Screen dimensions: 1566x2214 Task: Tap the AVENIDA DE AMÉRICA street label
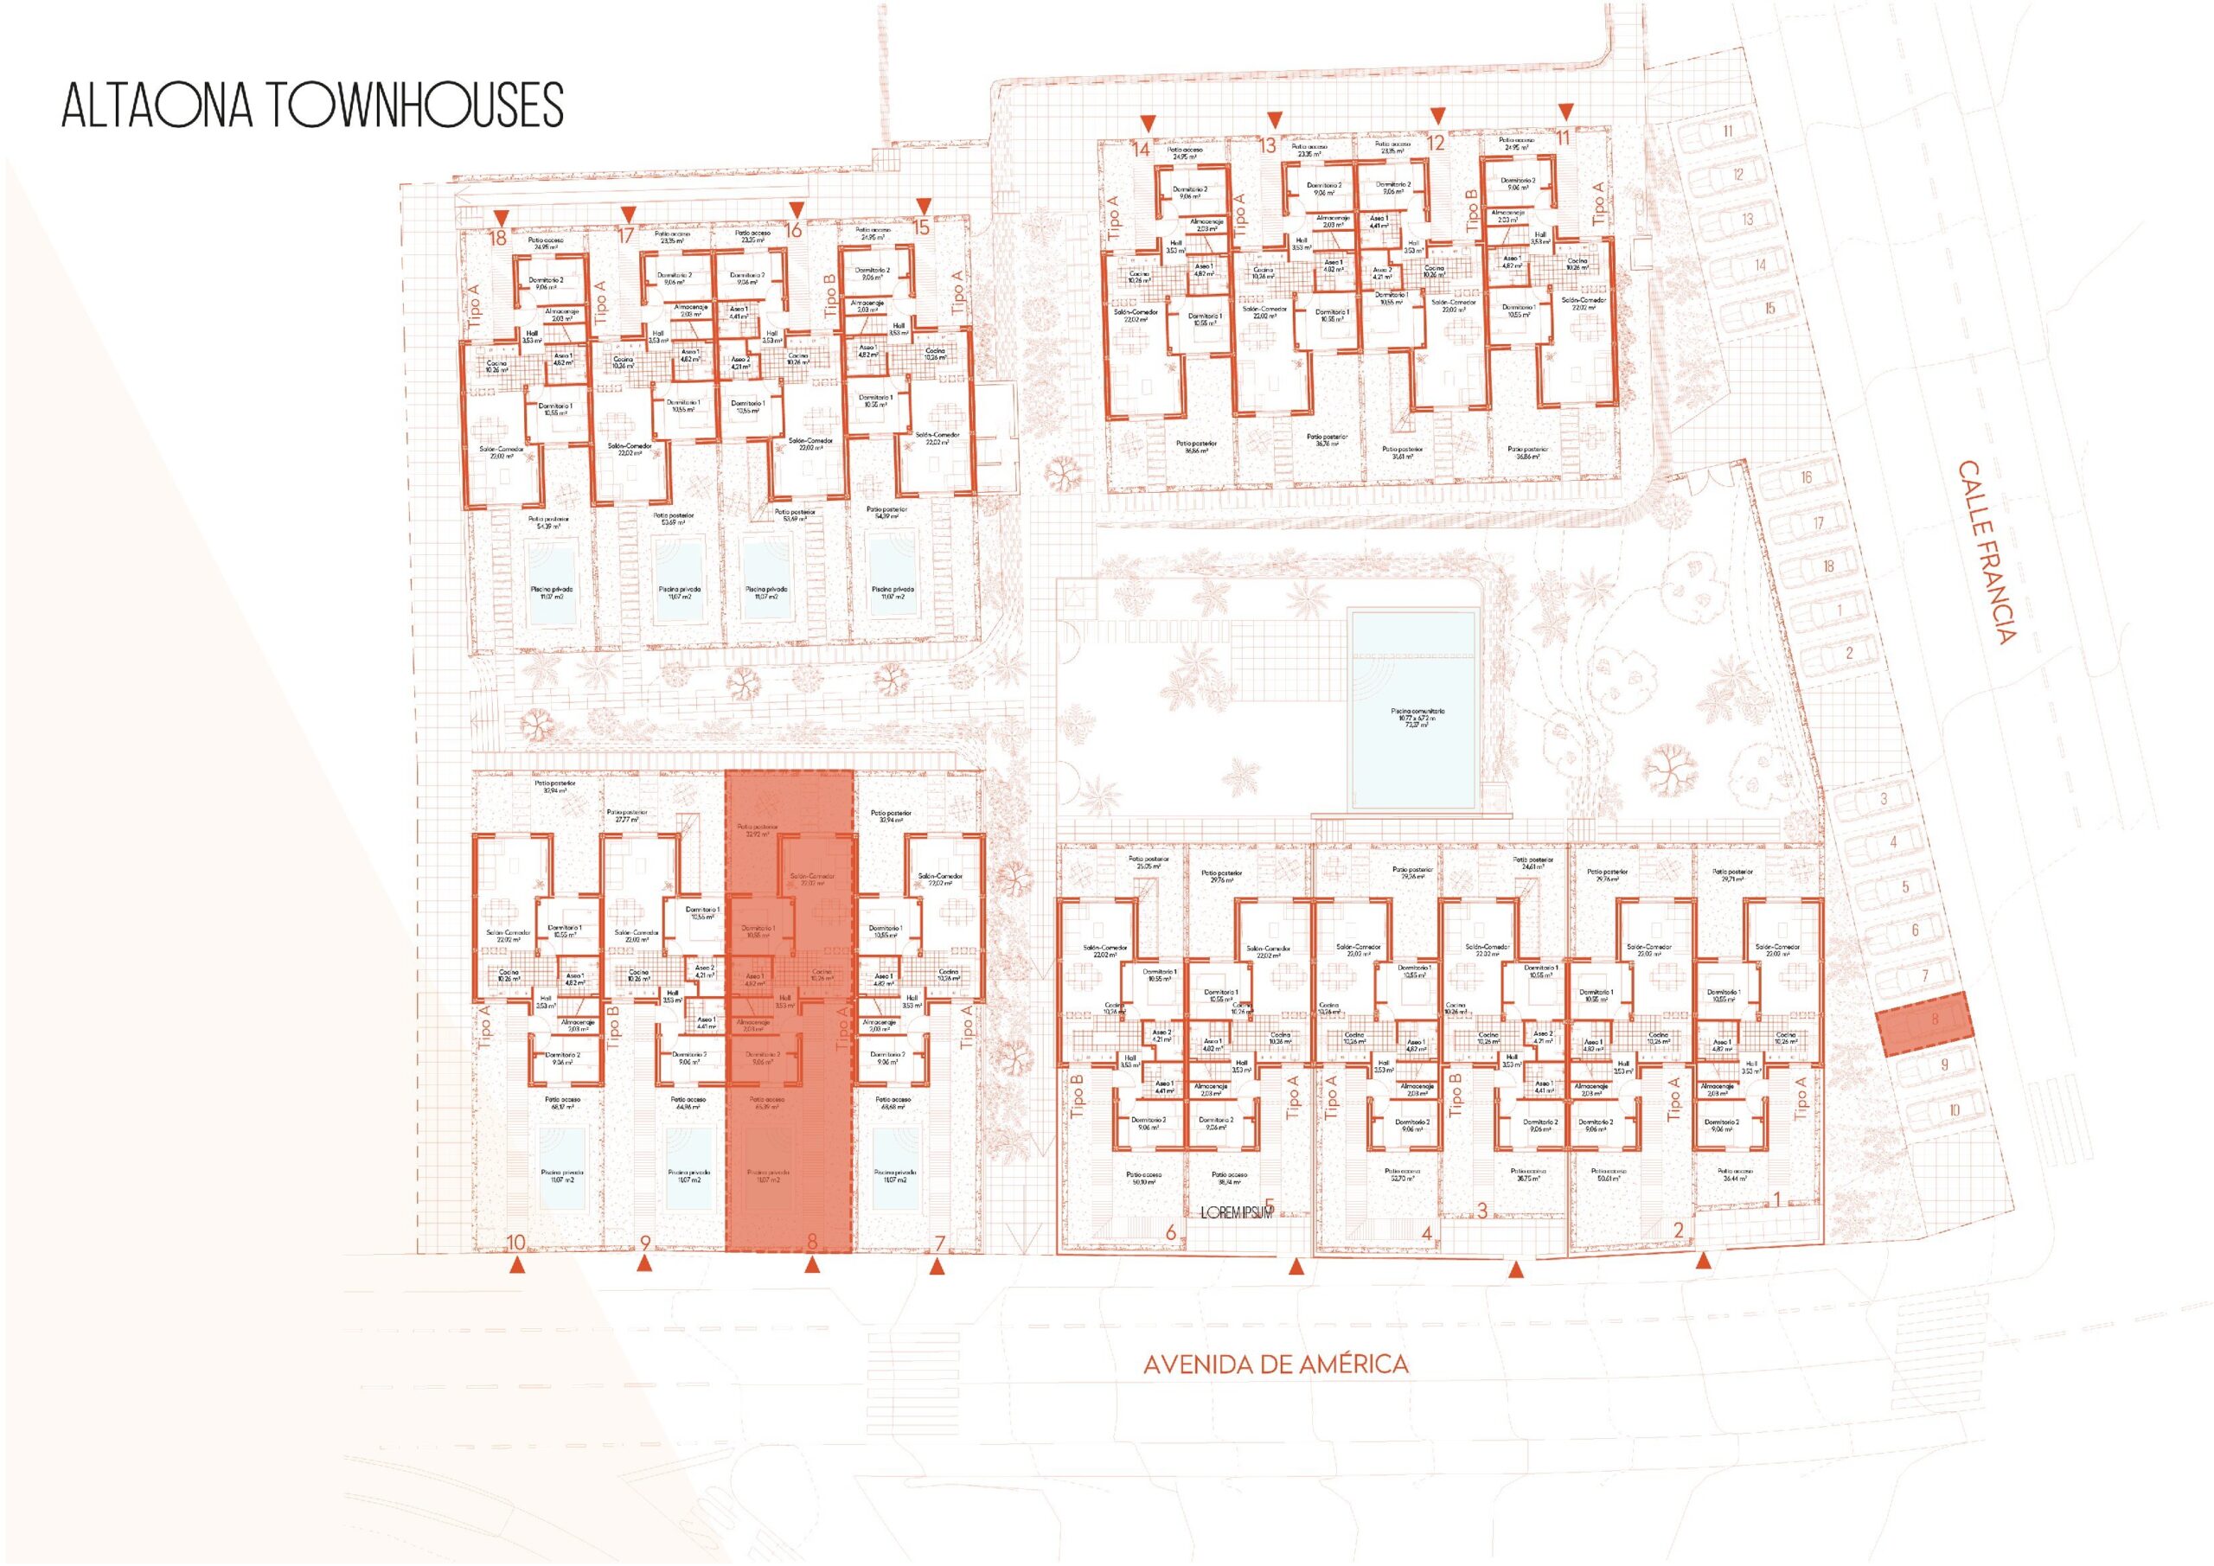click(1275, 1365)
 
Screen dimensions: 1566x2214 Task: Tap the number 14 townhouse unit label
click(1142, 150)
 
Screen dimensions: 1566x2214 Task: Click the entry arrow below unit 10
click(518, 1264)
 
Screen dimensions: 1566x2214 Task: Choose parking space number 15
click(1769, 309)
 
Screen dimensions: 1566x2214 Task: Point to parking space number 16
click(1805, 477)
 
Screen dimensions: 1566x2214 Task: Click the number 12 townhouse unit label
click(1436, 144)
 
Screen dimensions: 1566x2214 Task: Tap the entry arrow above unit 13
click(1275, 119)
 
